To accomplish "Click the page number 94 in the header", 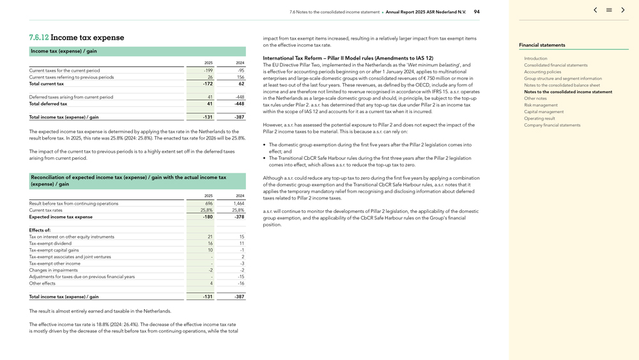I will coord(477,12).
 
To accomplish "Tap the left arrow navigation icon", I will coord(595,10).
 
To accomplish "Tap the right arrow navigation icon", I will coord(623,10).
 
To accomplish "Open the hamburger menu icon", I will coord(609,10).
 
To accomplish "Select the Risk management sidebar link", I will coord(541,105).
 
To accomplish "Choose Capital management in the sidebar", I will coord(544,112).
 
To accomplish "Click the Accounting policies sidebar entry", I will coord(543,72).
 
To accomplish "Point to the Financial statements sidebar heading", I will coord(542,45).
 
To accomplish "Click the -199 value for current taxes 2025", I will coord(208,70).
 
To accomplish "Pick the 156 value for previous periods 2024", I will coord(240,77).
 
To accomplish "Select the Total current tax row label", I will coord(47,84).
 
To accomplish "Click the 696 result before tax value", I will coord(208,203).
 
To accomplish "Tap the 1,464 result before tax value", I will coord(238,203).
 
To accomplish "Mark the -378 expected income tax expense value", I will coord(239,217).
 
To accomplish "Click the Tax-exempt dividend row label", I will coord(50,244).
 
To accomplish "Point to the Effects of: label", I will coord(40,230).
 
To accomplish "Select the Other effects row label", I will coord(42,283).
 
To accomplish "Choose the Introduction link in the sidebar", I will coord(535,58).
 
